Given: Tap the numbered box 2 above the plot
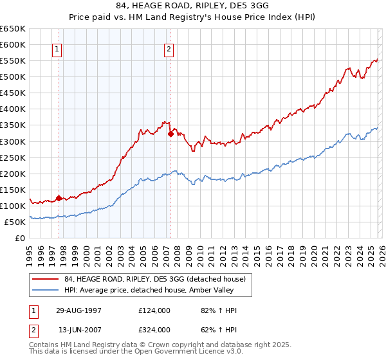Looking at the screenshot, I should pos(169,49).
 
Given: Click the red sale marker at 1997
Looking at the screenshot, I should pos(59,198).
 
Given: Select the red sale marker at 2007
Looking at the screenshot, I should pos(170,134).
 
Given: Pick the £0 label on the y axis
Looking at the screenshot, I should pos(19,238).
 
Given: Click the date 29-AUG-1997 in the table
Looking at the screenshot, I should pos(80,310).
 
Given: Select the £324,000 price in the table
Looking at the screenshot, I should pos(154,330).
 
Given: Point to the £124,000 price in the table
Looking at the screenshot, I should pos(154,310).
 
